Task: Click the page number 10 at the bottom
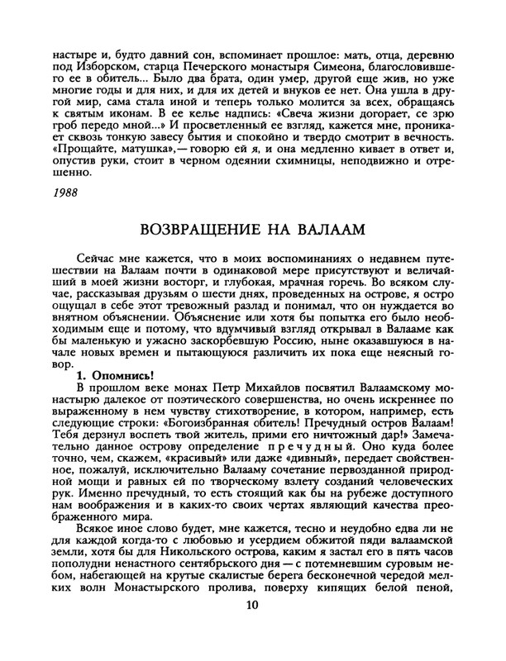[252, 630]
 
